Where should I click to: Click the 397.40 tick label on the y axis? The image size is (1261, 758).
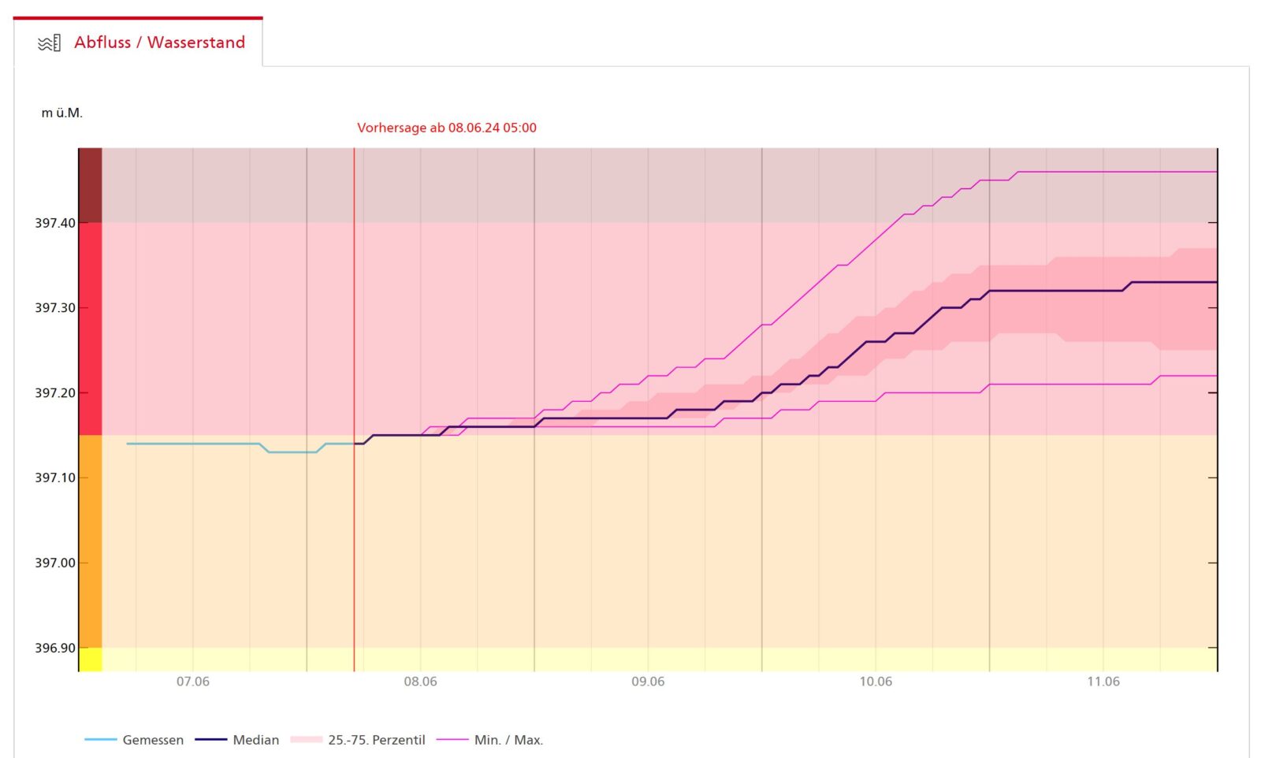point(55,223)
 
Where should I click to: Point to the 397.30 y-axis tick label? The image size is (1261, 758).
point(55,308)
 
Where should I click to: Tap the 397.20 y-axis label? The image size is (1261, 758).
point(55,393)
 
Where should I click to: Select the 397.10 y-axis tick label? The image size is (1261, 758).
point(55,477)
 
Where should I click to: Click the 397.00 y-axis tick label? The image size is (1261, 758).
point(55,563)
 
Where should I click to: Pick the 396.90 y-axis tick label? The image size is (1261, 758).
point(55,648)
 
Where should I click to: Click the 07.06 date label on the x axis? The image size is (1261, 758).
point(193,682)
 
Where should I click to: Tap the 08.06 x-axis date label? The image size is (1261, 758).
point(420,682)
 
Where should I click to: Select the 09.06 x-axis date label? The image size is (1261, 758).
point(648,682)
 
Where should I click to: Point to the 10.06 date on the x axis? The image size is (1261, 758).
point(876,682)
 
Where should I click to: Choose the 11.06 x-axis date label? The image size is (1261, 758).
point(1103,682)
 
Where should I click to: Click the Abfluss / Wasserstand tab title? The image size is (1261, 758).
point(159,43)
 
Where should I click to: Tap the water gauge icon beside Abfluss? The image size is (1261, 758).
point(49,43)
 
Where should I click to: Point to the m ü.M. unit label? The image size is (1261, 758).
point(61,113)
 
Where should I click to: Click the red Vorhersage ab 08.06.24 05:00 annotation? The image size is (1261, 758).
point(446,128)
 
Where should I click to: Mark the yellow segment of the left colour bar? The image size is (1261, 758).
point(91,660)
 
